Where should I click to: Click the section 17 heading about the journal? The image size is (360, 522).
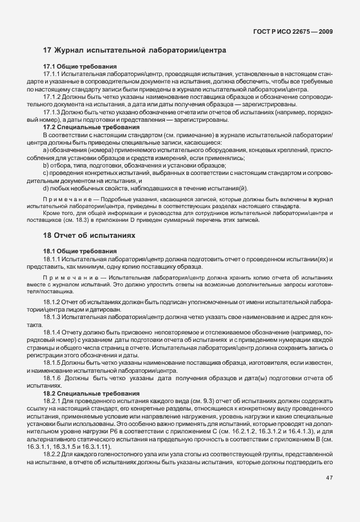[x=134, y=51]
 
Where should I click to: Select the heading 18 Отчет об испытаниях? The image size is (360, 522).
[x=89, y=235]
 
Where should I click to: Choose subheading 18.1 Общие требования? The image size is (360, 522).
[x=80, y=251]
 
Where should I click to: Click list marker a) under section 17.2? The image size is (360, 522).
[x=46, y=151]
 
